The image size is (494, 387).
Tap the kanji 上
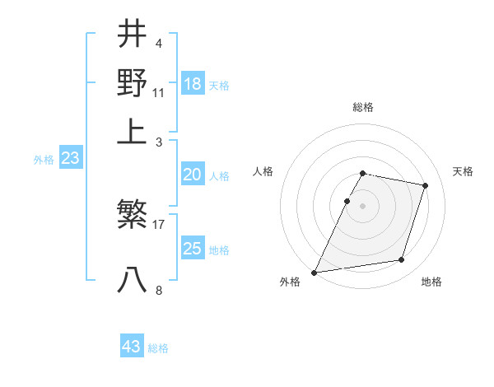coord(132,131)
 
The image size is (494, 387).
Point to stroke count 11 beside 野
coord(159,92)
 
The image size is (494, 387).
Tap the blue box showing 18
coord(193,84)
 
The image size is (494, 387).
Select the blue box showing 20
coord(193,175)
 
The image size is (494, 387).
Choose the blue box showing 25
coord(193,249)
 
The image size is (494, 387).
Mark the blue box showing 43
coord(132,347)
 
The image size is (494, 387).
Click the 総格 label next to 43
coord(158,348)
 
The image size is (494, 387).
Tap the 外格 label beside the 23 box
coord(44,160)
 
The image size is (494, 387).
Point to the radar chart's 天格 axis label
coord(463,171)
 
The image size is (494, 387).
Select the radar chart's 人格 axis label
coord(263,171)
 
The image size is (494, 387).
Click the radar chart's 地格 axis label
coord(431,282)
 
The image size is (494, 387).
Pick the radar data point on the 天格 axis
coord(426,185)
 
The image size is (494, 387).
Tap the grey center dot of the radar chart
coord(362,206)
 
